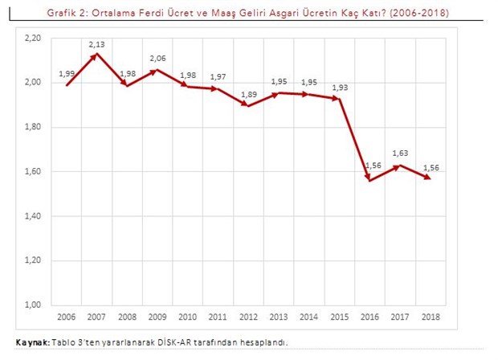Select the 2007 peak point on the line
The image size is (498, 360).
(x=96, y=55)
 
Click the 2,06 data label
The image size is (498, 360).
(x=157, y=59)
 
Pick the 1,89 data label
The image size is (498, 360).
(x=249, y=95)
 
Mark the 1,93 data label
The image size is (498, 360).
(x=341, y=87)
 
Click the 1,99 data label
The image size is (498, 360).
(x=67, y=74)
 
